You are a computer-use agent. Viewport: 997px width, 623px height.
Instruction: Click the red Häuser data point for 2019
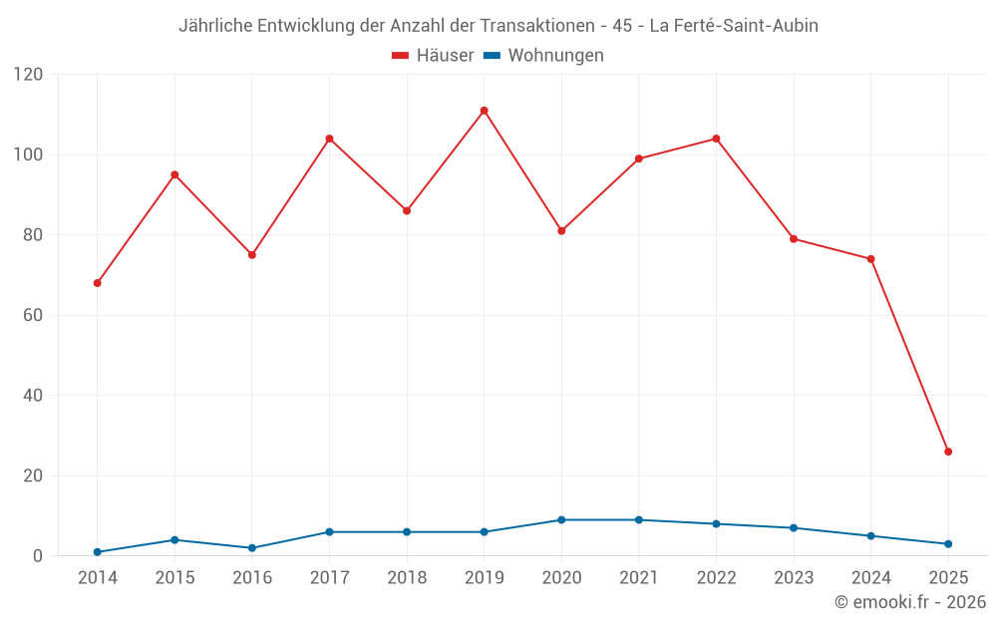pos(485,111)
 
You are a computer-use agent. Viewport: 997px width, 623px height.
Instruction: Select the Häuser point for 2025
pos(948,452)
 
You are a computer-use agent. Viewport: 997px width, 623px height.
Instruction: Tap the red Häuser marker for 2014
pos(98,283)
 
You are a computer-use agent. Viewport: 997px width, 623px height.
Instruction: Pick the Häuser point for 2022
pos(716,139)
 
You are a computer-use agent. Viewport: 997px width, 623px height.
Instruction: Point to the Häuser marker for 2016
pos(252,255)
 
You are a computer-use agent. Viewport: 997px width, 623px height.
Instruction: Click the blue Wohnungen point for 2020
pos(561,520)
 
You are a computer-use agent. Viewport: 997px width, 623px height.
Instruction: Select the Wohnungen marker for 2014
pos(98,552)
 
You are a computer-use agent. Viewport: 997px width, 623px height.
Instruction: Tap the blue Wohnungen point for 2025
pos(948,544)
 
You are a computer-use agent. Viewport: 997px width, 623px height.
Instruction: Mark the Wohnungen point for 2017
pos(329,532)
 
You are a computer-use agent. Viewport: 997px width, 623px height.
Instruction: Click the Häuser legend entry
pos(433,56)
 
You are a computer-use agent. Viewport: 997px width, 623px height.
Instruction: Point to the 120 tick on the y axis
pos(29,75)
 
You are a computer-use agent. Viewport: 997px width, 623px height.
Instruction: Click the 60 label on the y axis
pos(34,315)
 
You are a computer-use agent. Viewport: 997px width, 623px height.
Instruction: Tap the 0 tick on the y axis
pos(39,556)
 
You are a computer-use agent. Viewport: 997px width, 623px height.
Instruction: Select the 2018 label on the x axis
pos(407,578)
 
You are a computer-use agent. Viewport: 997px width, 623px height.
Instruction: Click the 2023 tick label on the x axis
pos(794,578)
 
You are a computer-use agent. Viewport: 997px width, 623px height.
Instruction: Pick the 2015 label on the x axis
pos(174,578)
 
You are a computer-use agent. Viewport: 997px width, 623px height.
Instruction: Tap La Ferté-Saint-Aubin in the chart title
pos(734,26)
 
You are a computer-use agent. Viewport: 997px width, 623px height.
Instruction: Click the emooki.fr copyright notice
pos(910,602)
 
